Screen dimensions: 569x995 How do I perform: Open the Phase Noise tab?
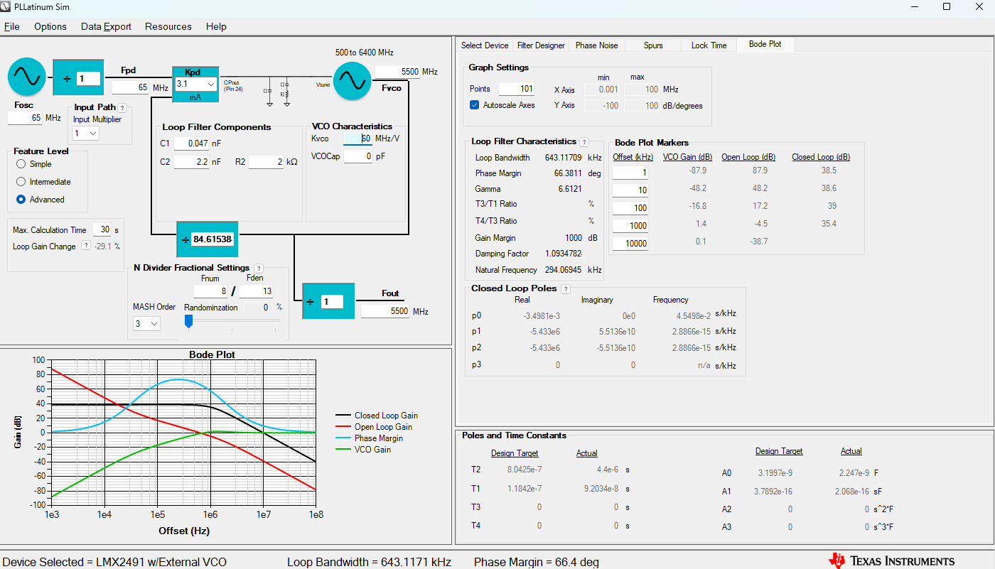596,45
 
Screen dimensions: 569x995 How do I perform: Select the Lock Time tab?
709,45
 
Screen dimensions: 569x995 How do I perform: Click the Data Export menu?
106,26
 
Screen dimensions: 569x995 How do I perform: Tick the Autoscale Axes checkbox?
475,105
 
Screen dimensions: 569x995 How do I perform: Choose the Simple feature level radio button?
21,164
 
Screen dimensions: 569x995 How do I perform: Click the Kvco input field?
358,139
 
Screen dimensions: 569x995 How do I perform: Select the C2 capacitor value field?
191,162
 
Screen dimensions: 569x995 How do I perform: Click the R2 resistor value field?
266,162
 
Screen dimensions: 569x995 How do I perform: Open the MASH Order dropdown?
146,323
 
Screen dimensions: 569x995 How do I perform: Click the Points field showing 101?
516,89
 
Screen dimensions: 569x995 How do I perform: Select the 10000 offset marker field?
630,243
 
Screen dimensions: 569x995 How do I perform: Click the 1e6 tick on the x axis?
210,514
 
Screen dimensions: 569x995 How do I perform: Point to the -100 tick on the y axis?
35,504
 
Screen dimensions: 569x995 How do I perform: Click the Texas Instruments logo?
892,560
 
